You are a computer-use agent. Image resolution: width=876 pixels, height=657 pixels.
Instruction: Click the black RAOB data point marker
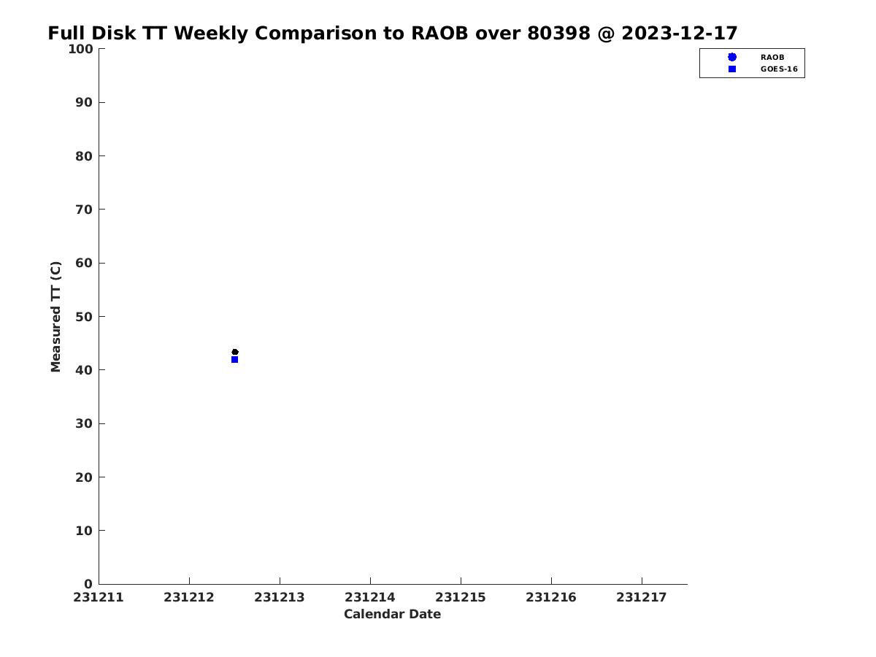235,352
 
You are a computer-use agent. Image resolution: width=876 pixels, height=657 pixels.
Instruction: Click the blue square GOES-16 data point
234,359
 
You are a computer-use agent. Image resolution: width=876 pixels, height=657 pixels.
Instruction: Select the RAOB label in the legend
772,58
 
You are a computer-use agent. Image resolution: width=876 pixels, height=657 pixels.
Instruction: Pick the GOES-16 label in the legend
779,69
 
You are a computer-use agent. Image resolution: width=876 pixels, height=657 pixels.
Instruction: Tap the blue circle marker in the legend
732,57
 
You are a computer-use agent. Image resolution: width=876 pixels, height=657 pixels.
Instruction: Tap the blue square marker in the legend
732,69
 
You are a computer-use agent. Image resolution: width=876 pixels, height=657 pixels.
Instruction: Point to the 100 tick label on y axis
80,49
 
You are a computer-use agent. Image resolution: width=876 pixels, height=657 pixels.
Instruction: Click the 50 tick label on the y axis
84,317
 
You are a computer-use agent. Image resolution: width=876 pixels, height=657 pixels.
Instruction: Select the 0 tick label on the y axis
88,584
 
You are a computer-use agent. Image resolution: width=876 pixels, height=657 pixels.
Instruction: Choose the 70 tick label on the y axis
84,210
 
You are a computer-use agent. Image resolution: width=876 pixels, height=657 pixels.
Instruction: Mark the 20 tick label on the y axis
84,477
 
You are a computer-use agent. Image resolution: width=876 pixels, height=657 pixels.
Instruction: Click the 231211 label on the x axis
98,597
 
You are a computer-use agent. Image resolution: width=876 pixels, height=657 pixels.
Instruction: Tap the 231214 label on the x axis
370,597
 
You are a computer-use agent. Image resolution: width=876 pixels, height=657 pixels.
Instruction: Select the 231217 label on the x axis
642,597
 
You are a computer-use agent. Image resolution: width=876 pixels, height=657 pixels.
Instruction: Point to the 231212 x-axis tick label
189,597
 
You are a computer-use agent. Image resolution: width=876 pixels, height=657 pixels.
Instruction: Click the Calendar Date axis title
392,614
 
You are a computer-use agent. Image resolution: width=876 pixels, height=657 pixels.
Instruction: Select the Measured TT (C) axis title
55,317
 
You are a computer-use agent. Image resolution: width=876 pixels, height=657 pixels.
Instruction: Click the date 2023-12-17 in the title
679,33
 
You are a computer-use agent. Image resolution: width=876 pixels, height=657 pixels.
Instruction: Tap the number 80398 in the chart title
558,33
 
